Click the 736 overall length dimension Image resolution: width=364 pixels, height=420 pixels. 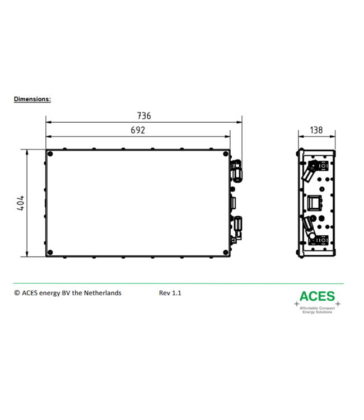point(144,116)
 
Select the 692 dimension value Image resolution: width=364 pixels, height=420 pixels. point(138,130)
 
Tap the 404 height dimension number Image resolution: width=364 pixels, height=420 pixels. point(20,203)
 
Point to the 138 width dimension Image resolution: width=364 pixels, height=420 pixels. point(316,130)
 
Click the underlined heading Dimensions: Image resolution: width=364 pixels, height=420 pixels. point(32,99)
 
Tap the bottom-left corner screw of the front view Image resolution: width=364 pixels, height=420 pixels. point(51,252)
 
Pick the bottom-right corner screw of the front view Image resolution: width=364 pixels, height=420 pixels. point(225,252)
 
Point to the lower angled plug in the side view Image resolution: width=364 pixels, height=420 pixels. point(309,229)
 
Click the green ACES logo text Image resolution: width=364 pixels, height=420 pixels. point(317,296)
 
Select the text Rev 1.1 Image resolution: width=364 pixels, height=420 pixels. point(170,293)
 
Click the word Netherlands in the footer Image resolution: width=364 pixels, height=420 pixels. point(102,293)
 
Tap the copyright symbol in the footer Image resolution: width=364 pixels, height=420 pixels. point(17,293)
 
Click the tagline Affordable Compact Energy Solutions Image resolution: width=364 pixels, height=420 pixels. point(317,310)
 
